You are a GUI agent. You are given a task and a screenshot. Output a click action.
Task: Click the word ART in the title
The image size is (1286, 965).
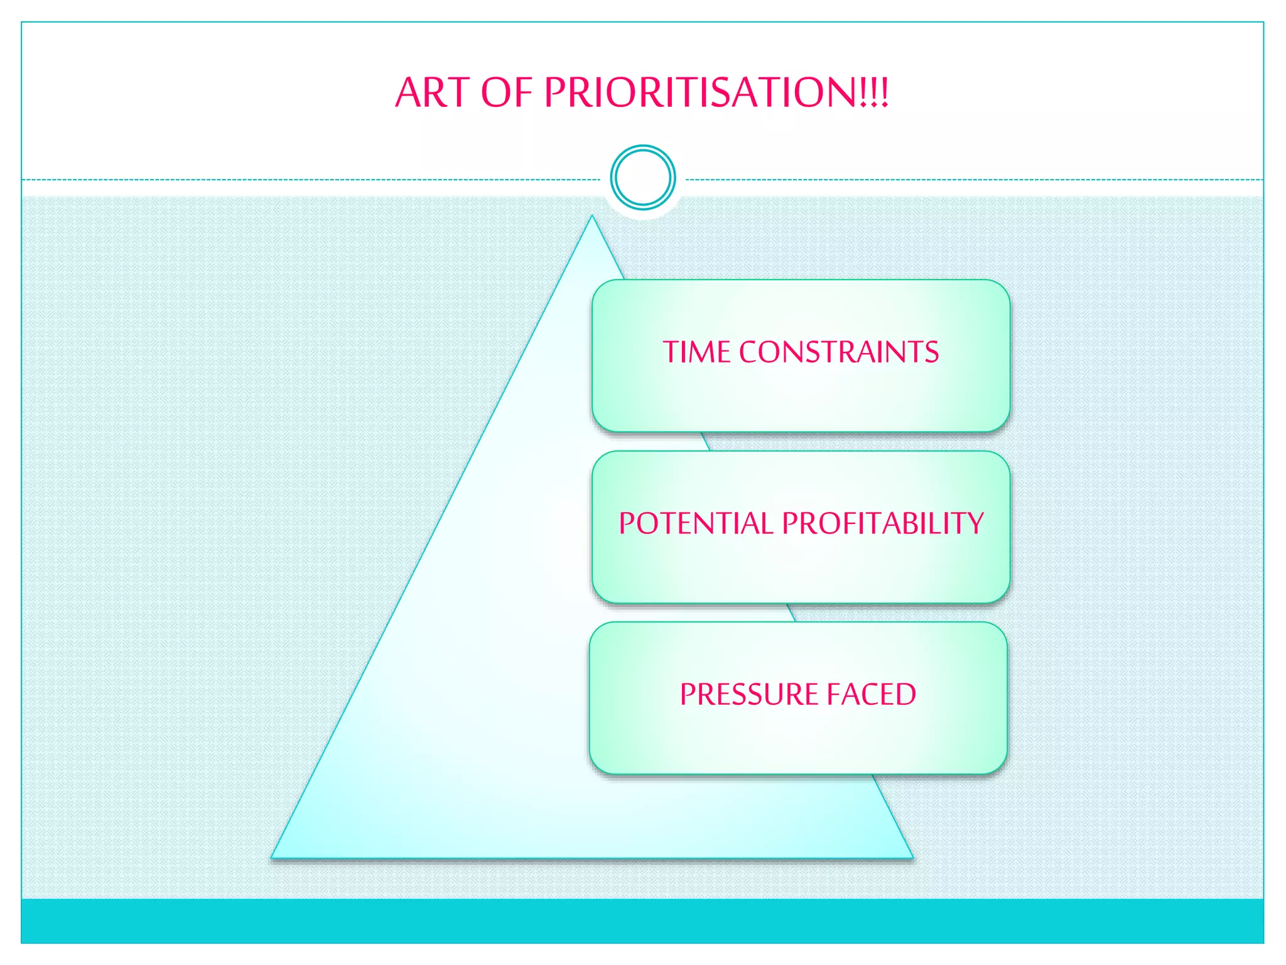point(432,93)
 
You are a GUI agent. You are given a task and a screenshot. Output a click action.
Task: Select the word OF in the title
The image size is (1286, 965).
point(506,93)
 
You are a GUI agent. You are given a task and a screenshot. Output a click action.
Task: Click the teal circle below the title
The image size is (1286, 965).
point(642,178)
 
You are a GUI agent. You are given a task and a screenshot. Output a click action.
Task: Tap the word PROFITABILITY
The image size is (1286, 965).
point(882,523)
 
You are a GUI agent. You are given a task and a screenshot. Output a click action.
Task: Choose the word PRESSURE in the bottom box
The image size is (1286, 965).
point(748,695)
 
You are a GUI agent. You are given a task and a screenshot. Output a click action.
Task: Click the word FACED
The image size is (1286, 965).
point(871,695)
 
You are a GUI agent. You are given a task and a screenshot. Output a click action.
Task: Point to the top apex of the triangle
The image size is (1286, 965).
point(592,217)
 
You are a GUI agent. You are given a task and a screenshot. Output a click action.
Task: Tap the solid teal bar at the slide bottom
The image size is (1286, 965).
point(642,920)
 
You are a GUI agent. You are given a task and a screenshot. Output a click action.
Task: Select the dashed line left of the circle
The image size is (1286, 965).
point(314,180)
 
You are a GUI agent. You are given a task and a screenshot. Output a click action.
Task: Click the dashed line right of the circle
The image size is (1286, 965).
point(973,180)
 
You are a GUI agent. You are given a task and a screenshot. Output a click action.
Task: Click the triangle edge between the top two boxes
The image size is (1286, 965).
point(706,442)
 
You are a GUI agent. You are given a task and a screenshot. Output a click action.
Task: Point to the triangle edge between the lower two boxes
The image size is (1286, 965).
point(791,613)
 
